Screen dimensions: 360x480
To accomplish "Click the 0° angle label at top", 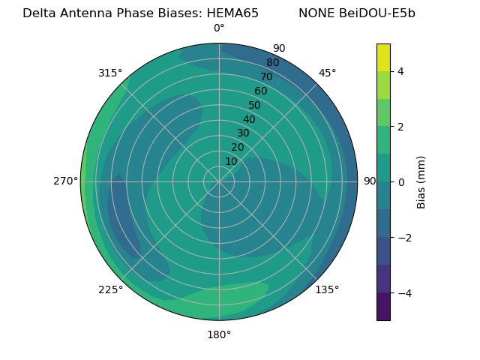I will [x=219, y=28].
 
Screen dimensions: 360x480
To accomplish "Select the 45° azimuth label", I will [x=328, y=73].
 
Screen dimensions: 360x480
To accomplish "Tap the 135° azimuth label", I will [x=327, y=289].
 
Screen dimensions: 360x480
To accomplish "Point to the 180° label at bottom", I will [x=219, y=334].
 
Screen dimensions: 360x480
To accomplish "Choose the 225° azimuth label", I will [x=110, y=289].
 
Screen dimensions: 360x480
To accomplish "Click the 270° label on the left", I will [x=65, y=181].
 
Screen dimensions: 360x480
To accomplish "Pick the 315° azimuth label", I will [x=110, y=73].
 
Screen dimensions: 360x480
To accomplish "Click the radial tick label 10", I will [x=231, y=161].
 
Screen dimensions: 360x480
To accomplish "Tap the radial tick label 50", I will [x=255, y=105].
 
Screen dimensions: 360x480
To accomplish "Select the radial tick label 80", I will [x=273, y=62].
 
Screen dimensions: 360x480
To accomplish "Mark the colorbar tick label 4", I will [x=401, y=71].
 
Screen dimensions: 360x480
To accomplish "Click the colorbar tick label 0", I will [x=401, y=181].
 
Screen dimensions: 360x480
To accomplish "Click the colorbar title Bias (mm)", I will [x=421, y=181].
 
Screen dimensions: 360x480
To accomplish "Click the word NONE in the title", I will [x=316, y=13].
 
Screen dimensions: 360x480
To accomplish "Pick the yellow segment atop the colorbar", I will [x=383, y=57].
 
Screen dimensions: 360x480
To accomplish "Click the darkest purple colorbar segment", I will [x=383, y=307].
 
